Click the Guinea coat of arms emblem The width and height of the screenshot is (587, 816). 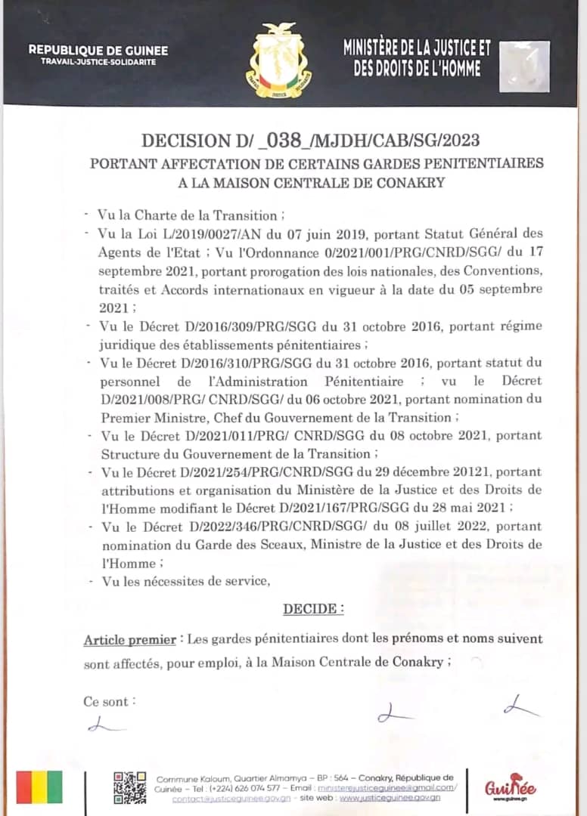coord(279,60)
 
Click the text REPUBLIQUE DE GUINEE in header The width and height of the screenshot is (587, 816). coord(98,51)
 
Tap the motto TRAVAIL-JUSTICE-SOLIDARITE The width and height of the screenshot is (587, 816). coord(98,62)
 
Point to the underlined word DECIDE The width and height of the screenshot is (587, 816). coord(313,608)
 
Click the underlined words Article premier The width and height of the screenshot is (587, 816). coord(129,639)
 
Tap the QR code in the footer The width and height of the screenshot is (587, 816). coord(129,787)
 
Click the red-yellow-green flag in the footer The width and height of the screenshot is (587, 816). coord(40,787)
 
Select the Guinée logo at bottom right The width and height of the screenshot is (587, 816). coord(511,787)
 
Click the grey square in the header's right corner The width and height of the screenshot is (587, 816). coord(525,66)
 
